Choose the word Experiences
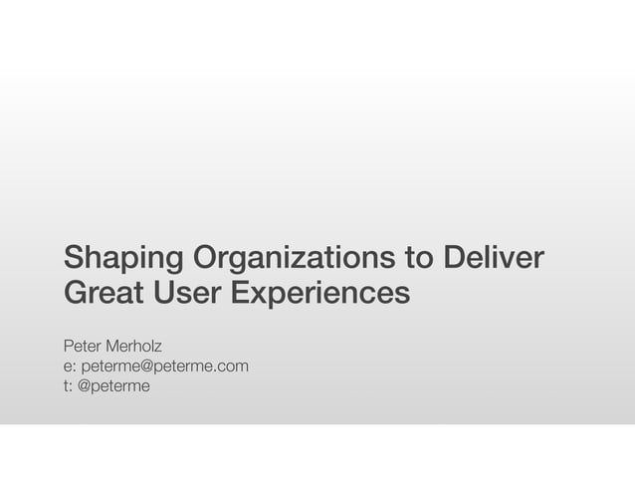[320, 294]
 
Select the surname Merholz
[144, 347]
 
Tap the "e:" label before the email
[70, 367]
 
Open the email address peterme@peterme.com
[164, 367]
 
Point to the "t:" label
[68, 385]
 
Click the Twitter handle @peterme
[114, 385]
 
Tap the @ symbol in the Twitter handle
[86, 385]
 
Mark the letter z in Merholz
[173, 347]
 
